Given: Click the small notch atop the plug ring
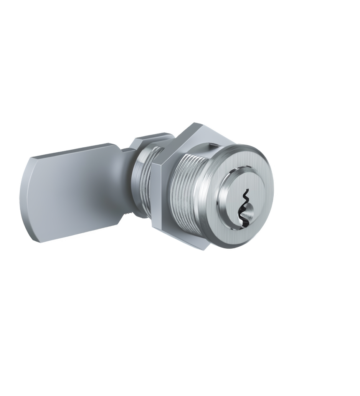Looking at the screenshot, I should click(x=240, y=169).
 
